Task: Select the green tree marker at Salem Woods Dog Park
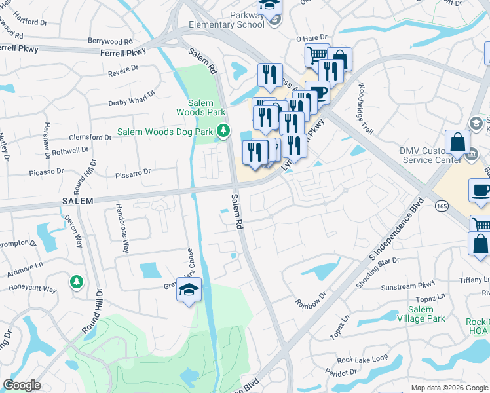tap(223, 131)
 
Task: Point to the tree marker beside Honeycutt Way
tap(77, 282)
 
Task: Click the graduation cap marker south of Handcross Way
tap(189, 290)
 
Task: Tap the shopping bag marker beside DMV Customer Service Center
tap(457, 143)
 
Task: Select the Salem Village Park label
tap(421, 314)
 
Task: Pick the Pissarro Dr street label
tap(133, 172)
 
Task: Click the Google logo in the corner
tap(22, 385)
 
